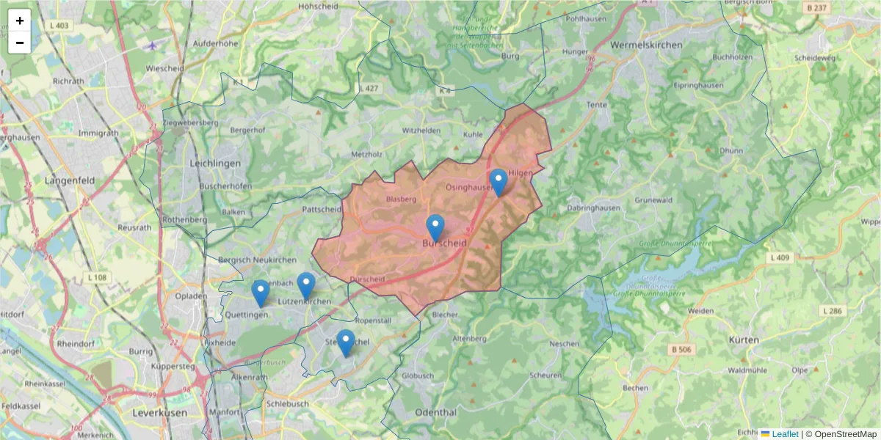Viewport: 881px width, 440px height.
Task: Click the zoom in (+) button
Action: (x=20, y=21)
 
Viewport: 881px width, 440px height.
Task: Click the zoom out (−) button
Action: (x=20, y=43)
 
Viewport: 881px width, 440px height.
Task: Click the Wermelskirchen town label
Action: (x=646, y=45)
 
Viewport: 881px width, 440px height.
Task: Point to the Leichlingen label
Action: (x=215, y=164)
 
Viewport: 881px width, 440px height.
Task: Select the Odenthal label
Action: (x=435, y=412)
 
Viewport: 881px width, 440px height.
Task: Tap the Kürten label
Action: (x=744, y=340)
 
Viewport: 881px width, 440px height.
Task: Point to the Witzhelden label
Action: (x=421, y=130)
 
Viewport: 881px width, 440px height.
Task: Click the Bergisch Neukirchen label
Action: (x=257, y=260)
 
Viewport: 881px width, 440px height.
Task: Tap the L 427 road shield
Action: (x=369, y=88)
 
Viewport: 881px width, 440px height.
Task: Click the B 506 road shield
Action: (x=681, y=350)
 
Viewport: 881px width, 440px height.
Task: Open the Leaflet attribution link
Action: (x=784, y=434)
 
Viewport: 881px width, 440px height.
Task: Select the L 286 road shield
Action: (x=833, y=311)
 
